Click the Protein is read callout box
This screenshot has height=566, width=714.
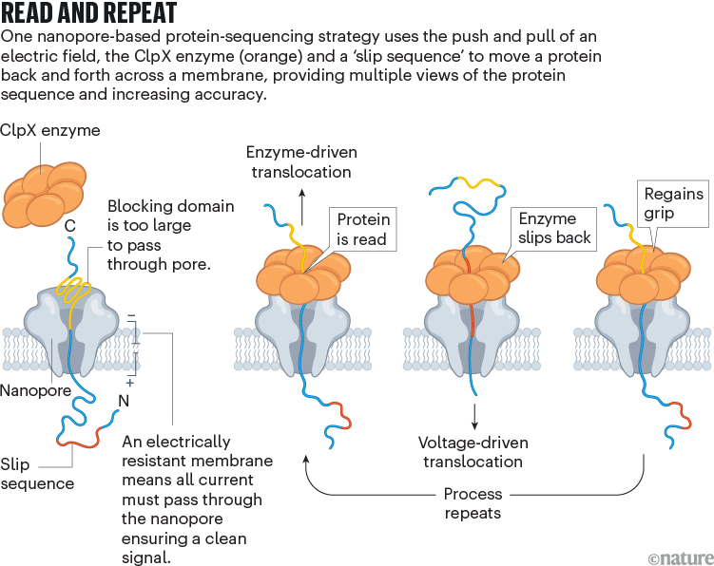point(363,230)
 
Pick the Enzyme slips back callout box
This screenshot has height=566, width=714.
point(554,228)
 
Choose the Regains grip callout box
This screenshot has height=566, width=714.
point(673,203)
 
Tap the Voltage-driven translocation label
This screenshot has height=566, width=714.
point(473,452)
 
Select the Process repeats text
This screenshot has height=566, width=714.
point(473,503)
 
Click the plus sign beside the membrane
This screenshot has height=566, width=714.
point(130,386)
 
